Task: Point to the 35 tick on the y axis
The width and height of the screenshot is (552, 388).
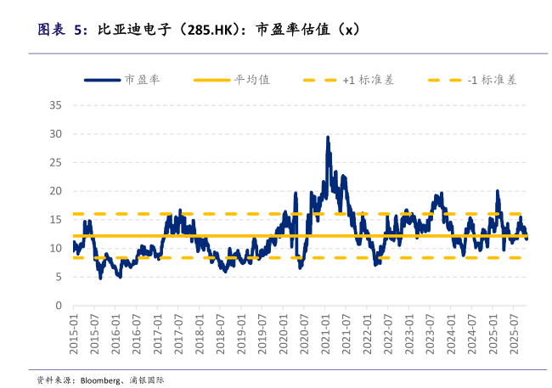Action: point(56,105)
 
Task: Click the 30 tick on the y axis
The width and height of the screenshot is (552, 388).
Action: point(56,134)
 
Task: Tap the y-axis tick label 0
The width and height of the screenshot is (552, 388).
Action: point(59,305)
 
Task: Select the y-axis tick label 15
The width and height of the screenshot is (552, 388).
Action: point(56,220)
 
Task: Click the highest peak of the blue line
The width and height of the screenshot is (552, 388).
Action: point(328,137)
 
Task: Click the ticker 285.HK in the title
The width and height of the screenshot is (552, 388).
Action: point(209,29)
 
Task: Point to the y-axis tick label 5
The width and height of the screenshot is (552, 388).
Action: point(59,277)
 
